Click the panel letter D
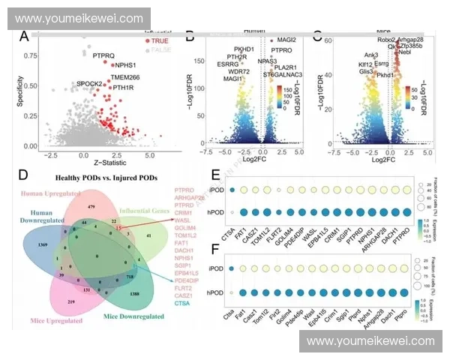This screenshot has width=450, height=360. (23, 175)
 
